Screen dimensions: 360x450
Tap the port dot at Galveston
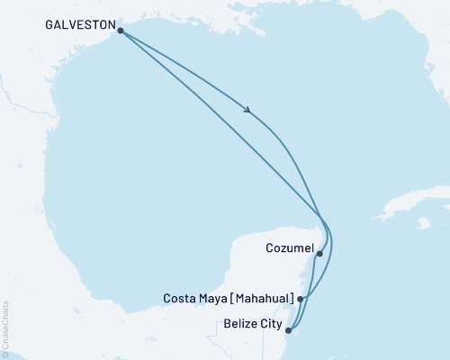[121, 30]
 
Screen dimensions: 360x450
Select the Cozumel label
[289, 247]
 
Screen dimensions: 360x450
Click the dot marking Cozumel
[319, 254]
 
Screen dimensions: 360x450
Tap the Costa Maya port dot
[301, 298]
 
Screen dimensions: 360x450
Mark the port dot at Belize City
[288, 330]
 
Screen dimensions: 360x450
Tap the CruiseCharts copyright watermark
[6, 329]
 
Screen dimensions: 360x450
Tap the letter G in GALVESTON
[48, 26]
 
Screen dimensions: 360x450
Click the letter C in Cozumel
[270, 247]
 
